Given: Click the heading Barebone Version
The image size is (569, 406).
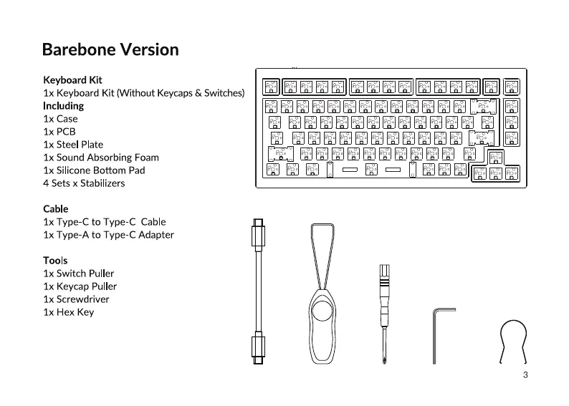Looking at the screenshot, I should pos(110,49).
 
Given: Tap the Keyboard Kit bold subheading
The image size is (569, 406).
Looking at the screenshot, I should pos(72,79).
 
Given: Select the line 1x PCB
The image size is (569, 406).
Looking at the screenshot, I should pos(59,132).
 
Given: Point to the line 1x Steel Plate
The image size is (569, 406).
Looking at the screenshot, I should pos(73,145).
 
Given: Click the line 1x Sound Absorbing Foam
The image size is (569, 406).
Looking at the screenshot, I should pos(101,158).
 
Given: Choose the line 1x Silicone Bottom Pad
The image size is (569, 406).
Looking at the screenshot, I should pos(94,170).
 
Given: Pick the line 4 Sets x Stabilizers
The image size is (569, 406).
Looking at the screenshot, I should pos(84,183).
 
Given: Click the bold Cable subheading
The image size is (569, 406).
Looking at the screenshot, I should pos(56,209).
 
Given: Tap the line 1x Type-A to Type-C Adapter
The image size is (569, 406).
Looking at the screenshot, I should pos(108,235).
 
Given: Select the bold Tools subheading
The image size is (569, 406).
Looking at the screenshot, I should pos(55,261).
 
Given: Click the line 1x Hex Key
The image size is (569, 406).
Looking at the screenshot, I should pos(68,312).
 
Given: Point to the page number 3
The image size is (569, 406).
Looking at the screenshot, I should pos(525,375).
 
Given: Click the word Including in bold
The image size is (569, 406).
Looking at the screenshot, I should pos(63,106).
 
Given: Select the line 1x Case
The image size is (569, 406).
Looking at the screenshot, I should pos(60,119).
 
